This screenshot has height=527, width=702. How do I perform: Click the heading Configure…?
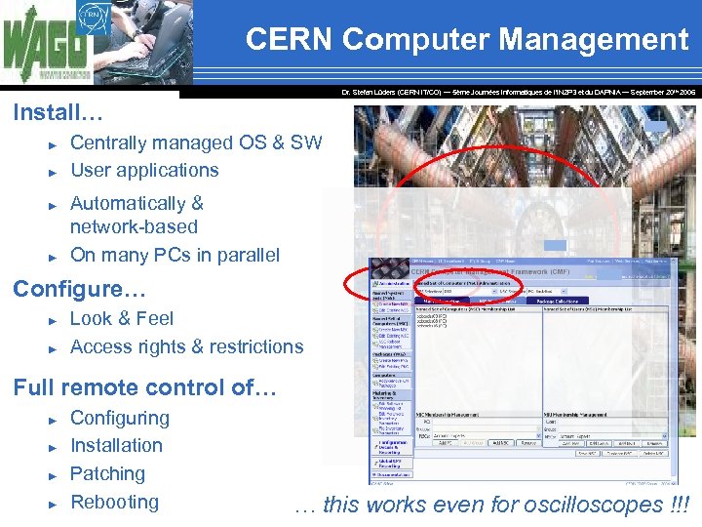tap(79, 290)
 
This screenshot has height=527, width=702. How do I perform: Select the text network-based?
tap(134, 226)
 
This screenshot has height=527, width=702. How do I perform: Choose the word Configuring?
tap(120, 418)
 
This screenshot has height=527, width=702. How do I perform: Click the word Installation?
tap(116, 445)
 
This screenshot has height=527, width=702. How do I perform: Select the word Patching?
tap(107, 473)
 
